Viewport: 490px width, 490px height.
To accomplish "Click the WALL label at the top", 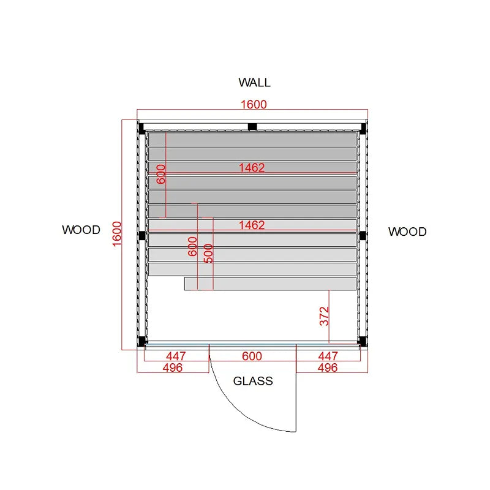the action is click(x=254, y=83).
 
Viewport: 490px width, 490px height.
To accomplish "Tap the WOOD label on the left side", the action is click(x=81, y=230).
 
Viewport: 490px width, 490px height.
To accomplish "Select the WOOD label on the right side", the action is click(x=407, y=232).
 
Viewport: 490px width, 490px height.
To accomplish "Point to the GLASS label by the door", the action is click(x=253, y=381).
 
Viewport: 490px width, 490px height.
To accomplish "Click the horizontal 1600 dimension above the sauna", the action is click(x=254, y=104).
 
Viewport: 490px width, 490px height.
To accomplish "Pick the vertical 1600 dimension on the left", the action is click(x=116, y=234).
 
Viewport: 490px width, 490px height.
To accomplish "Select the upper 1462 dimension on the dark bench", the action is click(x=252, y=168).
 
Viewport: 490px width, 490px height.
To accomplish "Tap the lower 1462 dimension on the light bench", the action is click(x=252, y=225).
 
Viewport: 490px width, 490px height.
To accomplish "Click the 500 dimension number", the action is click(x=208, y=254).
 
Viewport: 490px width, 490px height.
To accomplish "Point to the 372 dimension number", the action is click(x=325, y=316).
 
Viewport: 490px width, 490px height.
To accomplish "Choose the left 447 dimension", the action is click(x=176, y=356).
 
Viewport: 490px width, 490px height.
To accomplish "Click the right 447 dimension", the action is click(x=328, y=356).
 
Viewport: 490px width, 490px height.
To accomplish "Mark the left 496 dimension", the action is click(x=173, y=368).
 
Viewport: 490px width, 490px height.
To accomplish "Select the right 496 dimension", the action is click(x=328, y=368).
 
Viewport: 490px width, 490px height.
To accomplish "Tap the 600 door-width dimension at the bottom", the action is click(x=252, y=356).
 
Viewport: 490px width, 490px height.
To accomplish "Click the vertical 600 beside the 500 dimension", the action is click(x=192, y=247).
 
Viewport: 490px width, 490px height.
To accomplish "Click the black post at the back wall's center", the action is click(x=252, y=127).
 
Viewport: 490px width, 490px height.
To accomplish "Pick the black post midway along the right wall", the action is click(x=363, y=236).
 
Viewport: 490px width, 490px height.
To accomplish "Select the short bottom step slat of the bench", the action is click(x=270, y=284).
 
